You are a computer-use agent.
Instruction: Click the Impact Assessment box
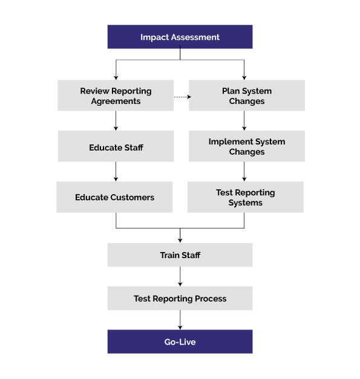click(x=180, y=37)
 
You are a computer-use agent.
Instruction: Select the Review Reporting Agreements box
click(x=116, y=96)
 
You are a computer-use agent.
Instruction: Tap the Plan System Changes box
click(x=246, y=96)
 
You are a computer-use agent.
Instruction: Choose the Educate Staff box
click(x=116, y=147)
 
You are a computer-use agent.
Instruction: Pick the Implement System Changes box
click(x=246, y=147)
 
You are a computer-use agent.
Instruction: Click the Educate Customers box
click(x=114, y=198)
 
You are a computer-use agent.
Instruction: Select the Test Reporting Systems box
click(x=245, y=198)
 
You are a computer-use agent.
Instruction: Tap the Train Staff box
click(x=180, y=255)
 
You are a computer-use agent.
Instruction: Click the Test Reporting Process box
click(x=180, y=299)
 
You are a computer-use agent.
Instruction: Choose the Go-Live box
click(x=180, y=342)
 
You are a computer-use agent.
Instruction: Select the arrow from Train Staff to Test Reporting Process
click(x=180, y=277)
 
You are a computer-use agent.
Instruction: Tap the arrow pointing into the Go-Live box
click(x=180, y=320)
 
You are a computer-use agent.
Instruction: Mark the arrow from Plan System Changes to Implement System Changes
click(x=244, y=121)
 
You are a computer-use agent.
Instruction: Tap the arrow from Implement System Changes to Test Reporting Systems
click(x=244, y=172)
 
